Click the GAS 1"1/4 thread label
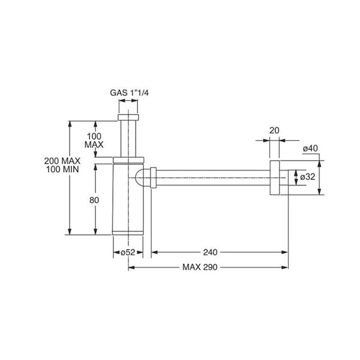(129, 93)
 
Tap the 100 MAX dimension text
(94, 140)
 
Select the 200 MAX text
(62, 161)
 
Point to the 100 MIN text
(62, 169)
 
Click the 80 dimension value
(94, 200)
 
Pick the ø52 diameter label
(128, 253)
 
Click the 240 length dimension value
(210, 253)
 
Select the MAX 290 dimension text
(200, 267)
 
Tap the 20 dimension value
(274, 130)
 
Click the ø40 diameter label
(310, 149)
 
